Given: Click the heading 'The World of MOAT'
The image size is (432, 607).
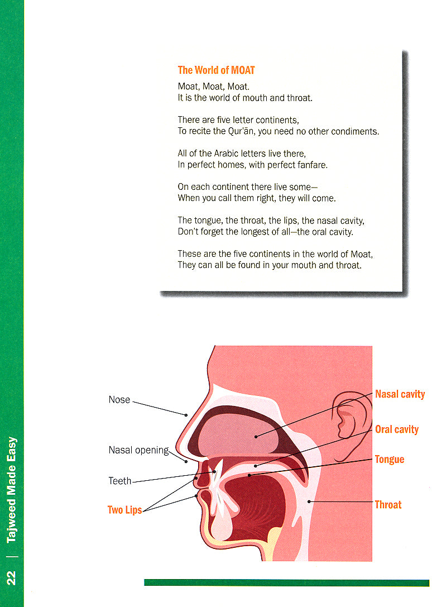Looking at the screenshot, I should point(216,70).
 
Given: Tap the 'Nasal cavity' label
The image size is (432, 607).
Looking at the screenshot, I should point(400,394).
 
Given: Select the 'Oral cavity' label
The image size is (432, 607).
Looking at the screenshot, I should point(396,429).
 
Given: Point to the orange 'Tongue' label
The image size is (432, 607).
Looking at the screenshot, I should point(389,460).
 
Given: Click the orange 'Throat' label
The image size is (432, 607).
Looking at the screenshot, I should point(388,505).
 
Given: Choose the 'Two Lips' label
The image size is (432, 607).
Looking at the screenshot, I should point(124,510).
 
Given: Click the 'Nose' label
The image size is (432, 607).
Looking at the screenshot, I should point(119,400).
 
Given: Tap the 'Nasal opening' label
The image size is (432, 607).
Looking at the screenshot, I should point(138,450).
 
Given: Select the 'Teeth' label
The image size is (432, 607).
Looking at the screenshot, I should point(120,481).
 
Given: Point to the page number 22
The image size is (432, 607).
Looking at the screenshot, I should point(11,577).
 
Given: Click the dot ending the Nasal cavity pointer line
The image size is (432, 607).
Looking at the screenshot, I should point(256,436).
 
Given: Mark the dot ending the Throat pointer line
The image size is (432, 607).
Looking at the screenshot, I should point(309,501).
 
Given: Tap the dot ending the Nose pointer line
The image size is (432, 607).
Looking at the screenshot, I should point(186,414).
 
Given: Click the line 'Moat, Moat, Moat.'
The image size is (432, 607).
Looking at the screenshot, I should point(213,87).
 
